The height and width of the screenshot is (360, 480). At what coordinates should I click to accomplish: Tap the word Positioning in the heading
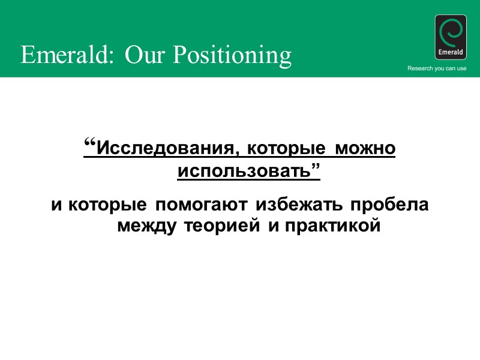pos(233,56)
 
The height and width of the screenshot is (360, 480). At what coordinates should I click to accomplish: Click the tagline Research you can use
pos(437,68)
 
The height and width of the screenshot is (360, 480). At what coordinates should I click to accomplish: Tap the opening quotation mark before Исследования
pos(90,145)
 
